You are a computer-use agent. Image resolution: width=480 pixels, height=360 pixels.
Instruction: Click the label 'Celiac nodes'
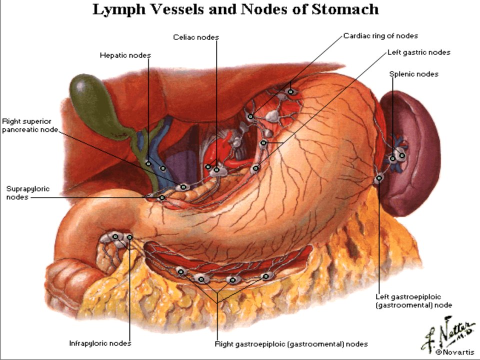pos(196,37)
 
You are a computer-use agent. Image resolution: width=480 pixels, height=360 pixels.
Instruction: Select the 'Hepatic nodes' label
pos(125,55)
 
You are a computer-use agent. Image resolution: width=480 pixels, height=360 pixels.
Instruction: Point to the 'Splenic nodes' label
pos(413,74)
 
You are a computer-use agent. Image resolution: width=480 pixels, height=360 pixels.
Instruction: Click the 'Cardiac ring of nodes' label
pos(380,36)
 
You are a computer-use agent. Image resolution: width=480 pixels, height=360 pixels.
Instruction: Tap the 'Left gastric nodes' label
pos(419,52)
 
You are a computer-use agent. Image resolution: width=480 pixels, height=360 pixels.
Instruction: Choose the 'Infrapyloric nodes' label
pos(100,343)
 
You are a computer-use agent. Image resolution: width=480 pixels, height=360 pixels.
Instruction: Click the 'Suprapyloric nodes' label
pos(27,193)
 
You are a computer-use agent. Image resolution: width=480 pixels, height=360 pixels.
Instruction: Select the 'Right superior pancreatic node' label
pos(29,125)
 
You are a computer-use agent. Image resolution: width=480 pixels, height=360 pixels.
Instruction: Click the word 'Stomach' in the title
pos(345,9)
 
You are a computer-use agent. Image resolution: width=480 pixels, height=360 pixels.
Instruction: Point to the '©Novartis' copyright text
pos(454,352)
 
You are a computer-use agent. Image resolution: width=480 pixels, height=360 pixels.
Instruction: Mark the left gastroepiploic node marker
pos(379,178)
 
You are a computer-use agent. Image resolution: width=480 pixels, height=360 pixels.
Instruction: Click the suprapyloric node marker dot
pos(162,198)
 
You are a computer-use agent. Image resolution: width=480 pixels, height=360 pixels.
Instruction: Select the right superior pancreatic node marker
pos(183,186)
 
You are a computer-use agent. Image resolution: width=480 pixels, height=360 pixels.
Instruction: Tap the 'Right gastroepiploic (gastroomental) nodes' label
pos(291,344)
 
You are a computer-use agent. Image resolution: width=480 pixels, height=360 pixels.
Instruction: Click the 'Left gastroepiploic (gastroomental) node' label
pos(413,301)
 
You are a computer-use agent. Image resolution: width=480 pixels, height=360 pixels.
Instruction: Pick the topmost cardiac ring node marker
pos(290,91)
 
